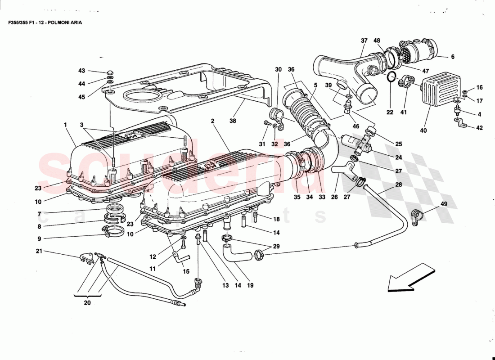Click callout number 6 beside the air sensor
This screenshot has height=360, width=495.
[453, 57]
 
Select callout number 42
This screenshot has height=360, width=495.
[479, 128]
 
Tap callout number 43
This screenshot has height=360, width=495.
[81, 71]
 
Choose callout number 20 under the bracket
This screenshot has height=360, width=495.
[87, 303]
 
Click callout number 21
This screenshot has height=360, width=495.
[39, 251]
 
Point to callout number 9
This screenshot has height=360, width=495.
[39, 238]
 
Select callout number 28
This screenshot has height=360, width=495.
[399, 184]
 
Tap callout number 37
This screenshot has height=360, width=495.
[364, 40]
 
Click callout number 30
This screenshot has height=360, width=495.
[278, 70]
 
